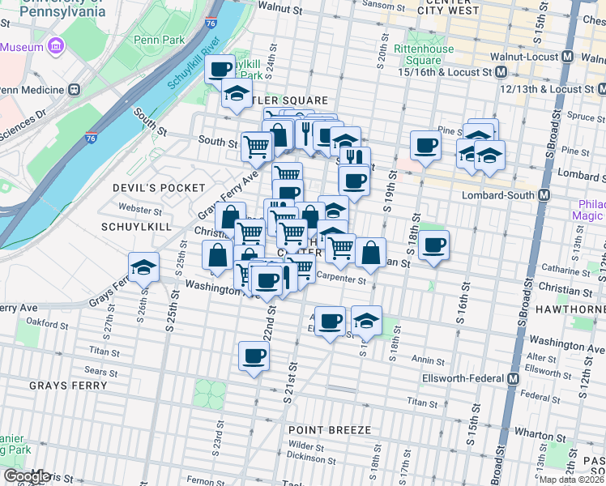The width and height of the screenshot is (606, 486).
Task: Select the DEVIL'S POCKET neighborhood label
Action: pos(159,187)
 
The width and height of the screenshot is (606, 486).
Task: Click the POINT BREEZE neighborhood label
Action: pos(330,429)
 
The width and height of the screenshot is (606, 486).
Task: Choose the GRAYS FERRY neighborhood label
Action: pos(67,386)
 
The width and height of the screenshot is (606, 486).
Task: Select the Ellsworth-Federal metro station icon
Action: pos(514,378)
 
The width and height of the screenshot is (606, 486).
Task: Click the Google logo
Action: pos(26,475)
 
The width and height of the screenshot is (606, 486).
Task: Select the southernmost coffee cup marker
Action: pos(254,355)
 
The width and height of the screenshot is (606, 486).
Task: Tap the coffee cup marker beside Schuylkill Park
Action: pos(220,67)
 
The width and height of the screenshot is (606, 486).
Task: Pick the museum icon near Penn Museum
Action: pos(56,47)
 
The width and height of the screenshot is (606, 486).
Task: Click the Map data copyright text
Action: pos(572,480)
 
